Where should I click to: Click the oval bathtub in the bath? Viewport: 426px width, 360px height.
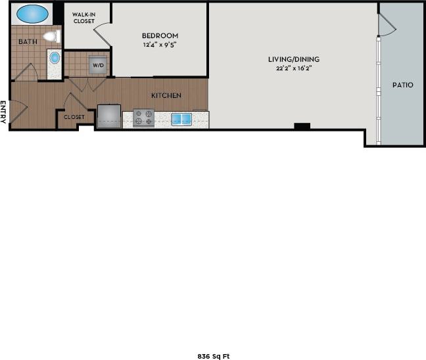(x=32, y=13)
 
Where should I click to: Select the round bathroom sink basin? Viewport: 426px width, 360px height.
(x=55, y=58)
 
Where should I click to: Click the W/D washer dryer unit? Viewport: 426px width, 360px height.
(x=98, y=65)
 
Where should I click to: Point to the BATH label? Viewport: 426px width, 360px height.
(x=28, y=42)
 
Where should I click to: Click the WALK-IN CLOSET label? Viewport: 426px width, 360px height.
(x=84, y=18)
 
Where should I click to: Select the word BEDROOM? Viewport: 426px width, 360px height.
(x=160, y=36)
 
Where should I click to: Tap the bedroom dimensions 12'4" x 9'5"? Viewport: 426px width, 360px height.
(x=160, y=45)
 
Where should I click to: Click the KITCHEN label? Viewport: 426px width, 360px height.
(x=166, y=95)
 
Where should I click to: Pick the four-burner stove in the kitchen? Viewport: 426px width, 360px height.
(x=143, y=118)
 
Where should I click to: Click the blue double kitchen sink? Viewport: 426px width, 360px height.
(x=181, y=119)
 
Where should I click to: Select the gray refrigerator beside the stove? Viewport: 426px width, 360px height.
(x=109, y=116)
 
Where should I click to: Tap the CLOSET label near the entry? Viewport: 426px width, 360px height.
(x=74, y=117)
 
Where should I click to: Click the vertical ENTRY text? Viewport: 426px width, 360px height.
(x=4, y=111)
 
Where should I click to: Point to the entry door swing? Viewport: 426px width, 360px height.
(x=18, y=108)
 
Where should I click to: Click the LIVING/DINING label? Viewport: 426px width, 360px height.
(x=293, y=59)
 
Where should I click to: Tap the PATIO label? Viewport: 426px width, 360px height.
(x=402, y=85)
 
